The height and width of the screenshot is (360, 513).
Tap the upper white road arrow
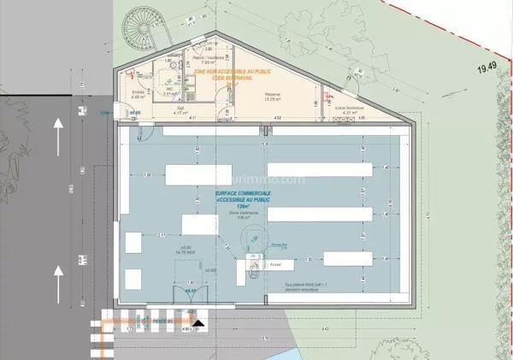[58, 133]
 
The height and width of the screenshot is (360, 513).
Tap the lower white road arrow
[58, 279]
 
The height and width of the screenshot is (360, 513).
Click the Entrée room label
[138, 96]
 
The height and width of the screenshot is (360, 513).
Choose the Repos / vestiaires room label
[209, 57]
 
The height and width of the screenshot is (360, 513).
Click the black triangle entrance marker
[198, 324]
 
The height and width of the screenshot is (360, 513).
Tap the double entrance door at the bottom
[190, 292]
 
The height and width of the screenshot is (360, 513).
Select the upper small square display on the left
[133, 242]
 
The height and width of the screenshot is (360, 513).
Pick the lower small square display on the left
[133, 279]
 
